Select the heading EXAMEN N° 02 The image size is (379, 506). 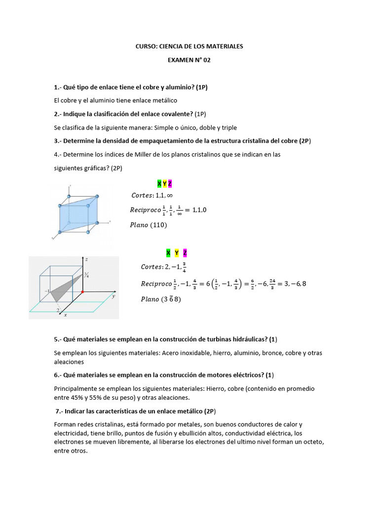189,60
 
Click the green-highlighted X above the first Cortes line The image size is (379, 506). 159,184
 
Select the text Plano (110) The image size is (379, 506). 149,225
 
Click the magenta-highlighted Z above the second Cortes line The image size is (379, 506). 185,253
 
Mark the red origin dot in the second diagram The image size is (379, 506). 82,292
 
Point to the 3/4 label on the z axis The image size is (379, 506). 86,275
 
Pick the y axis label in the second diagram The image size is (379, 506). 113,296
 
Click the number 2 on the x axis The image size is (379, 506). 58,310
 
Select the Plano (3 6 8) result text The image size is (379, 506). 161,299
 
